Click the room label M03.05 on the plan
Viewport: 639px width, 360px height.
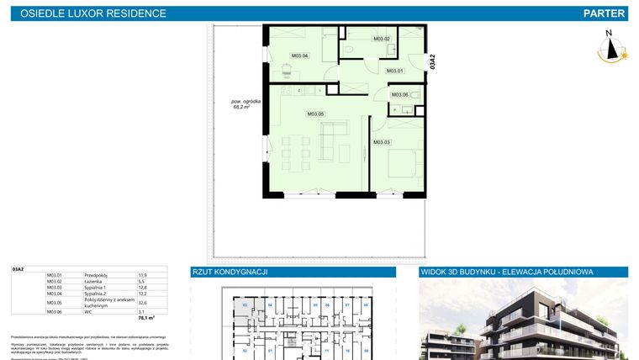tap(316, 114)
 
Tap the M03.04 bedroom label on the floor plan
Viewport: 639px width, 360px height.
tap(299, 56)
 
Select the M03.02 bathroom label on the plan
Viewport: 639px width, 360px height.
tap(382, 39)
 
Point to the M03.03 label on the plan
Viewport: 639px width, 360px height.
tap(382, 142)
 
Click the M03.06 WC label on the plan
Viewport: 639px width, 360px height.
tap(399, 95)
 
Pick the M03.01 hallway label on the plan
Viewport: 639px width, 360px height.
tap(395, 71)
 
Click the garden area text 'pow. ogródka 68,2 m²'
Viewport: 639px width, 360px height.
tap(246, 104)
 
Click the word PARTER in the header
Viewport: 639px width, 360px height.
tap(604, 13)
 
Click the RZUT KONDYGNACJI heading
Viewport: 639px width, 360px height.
tap(230, 273)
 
